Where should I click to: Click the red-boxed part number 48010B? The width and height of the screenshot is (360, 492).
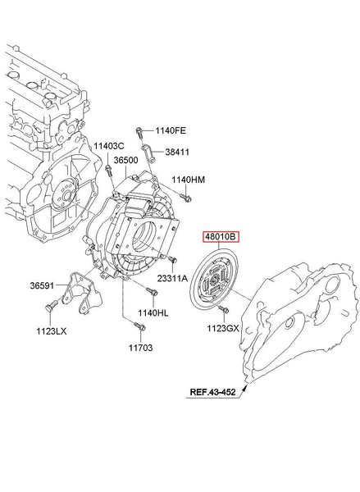pyautogui.click(x=221, y=237)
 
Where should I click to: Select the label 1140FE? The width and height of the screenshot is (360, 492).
pyautogui.click(x=171, y=130)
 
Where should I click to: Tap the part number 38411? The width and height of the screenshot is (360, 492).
pyautogui.click(x=177, y=153)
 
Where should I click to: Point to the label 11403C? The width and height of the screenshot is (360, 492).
pyautogui.click(x=109, y=146)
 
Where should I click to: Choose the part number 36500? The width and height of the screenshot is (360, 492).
pyautogui.click(x=125, y=160)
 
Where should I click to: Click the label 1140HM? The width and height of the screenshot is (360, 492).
pyautogui.click(x=188, y=180)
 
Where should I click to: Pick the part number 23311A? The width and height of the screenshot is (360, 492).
pyautogui.click(x=172, y=278)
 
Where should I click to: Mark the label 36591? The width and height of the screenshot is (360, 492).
pyautogui.click(x=42, y=285)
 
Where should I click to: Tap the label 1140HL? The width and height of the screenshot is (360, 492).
pyautogui.click(x=153, y=313)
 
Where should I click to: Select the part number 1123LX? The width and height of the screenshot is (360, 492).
pyautogui.click(x=52, y=331)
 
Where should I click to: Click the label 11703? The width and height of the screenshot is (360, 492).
pyautogui.click(x=140, y=348)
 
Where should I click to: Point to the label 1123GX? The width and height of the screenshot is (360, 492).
pyautogui.click(x=223, y=329)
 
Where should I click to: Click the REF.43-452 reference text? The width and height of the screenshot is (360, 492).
pyautogui.click(x=212, y=392)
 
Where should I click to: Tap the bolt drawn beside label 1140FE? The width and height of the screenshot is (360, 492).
pyautogui.click(x=139, y=133)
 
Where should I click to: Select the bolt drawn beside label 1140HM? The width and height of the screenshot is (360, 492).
pyautogui.click(x=185, y=198)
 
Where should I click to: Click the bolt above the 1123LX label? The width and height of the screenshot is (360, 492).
pyautogui.click(x=52, y=306)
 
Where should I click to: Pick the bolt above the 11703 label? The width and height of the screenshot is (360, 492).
pyautogui.click(x=139, y=326)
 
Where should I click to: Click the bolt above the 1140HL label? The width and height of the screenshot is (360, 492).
pyautogui.click(x=153, y=291)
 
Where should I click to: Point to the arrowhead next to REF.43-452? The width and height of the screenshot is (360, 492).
pyautogui.click(x=244, y=389)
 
